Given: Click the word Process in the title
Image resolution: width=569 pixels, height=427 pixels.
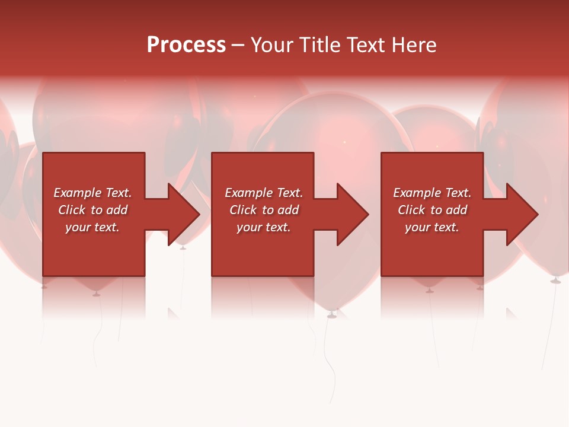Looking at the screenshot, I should point(186,45).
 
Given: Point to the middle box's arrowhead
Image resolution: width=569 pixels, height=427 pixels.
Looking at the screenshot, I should point(352,214).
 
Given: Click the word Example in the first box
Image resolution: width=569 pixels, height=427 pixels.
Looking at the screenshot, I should point(78,193).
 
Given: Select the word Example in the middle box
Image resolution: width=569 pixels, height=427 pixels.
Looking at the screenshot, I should point(249,193).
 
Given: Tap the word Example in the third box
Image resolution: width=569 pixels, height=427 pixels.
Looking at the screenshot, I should point(417,193).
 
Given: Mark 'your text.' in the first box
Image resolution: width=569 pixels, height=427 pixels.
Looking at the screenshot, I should point(92,227).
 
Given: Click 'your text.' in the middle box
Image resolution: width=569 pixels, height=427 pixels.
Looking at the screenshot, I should point(264,227).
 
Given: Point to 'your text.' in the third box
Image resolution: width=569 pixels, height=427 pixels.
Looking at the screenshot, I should point(432,227).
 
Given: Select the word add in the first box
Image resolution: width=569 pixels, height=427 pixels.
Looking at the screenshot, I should point(117,210).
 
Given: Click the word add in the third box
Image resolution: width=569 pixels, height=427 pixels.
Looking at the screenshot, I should point(457,210).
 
